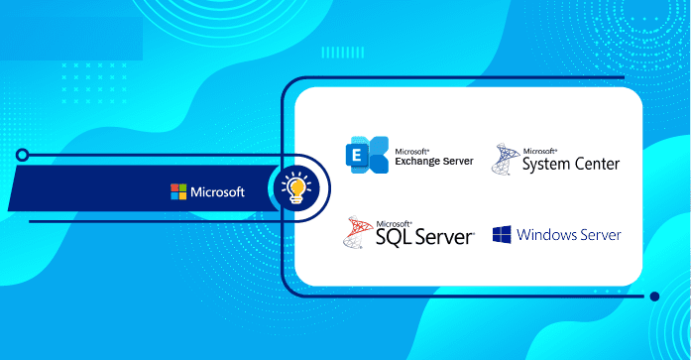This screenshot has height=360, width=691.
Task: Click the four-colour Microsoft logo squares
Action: coord(178,191)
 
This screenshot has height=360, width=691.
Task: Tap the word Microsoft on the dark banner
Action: coord(217,192)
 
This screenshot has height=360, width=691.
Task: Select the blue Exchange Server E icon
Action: coord(367,155)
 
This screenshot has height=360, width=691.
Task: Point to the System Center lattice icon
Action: coord(506,159)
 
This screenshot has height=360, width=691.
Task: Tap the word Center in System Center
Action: coord(597,164)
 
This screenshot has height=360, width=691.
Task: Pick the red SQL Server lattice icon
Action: coord(358,232)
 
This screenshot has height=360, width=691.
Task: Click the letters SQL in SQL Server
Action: coord(394,237)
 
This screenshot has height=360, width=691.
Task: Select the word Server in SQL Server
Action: coord(444,237)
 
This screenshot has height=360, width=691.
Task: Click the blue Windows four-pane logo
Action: coord(502,234)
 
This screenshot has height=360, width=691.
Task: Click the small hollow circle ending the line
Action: coord(22,155)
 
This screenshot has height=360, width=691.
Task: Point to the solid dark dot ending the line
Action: coord(654,297)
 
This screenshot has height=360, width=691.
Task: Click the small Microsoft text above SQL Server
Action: coord(394,224)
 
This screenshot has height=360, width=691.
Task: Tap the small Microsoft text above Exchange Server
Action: coord(412,152)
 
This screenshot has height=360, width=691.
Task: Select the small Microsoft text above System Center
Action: coord(540,151)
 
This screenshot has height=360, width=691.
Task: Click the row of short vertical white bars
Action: coord(342,53)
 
